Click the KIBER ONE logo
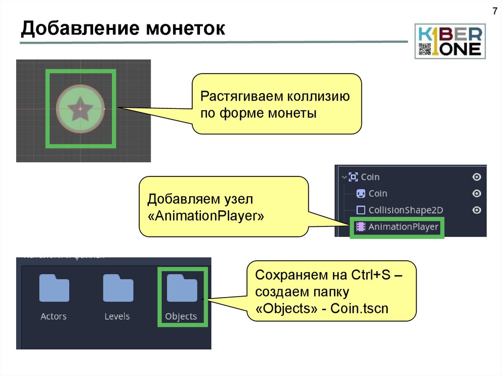450,41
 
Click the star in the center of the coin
80,109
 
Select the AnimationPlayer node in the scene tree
403,227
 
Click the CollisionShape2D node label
406,210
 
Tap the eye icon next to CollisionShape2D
477,210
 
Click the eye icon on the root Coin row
477,177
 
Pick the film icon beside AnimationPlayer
361,227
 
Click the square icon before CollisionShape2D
361,210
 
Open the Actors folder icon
54,288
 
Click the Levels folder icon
118,288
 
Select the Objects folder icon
181,288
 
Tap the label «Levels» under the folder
117,317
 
